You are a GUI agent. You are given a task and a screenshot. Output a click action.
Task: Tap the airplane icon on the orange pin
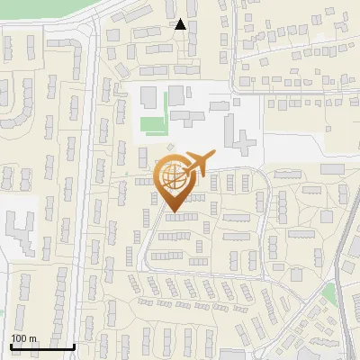197,165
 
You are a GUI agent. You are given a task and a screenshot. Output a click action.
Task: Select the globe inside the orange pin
174,177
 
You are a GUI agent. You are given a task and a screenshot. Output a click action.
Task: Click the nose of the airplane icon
213,156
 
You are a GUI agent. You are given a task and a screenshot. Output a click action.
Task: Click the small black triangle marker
181,25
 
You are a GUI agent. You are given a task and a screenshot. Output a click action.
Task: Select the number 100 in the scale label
20,338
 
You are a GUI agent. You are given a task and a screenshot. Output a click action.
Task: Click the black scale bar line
42,346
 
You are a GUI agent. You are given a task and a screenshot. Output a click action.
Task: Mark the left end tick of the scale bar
10,345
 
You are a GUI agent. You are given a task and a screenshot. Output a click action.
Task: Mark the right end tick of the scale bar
75,345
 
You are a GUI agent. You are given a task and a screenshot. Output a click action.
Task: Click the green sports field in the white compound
152,123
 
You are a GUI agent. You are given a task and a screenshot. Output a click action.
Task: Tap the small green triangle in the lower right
329,294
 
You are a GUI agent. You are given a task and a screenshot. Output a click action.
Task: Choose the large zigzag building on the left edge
20,230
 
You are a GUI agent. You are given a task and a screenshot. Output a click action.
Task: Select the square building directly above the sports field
175,94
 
